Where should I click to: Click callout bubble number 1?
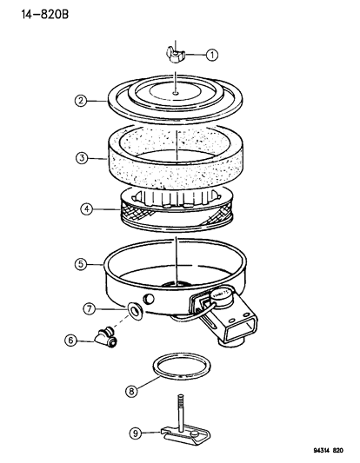[212, 55]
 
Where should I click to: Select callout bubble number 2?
[81, 101]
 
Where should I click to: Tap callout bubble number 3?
[81, 158]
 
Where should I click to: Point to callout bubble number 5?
[81, 261]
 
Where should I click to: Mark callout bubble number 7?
[89, 309]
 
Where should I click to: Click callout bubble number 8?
[130, 392]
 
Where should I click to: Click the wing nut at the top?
[175, 56]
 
